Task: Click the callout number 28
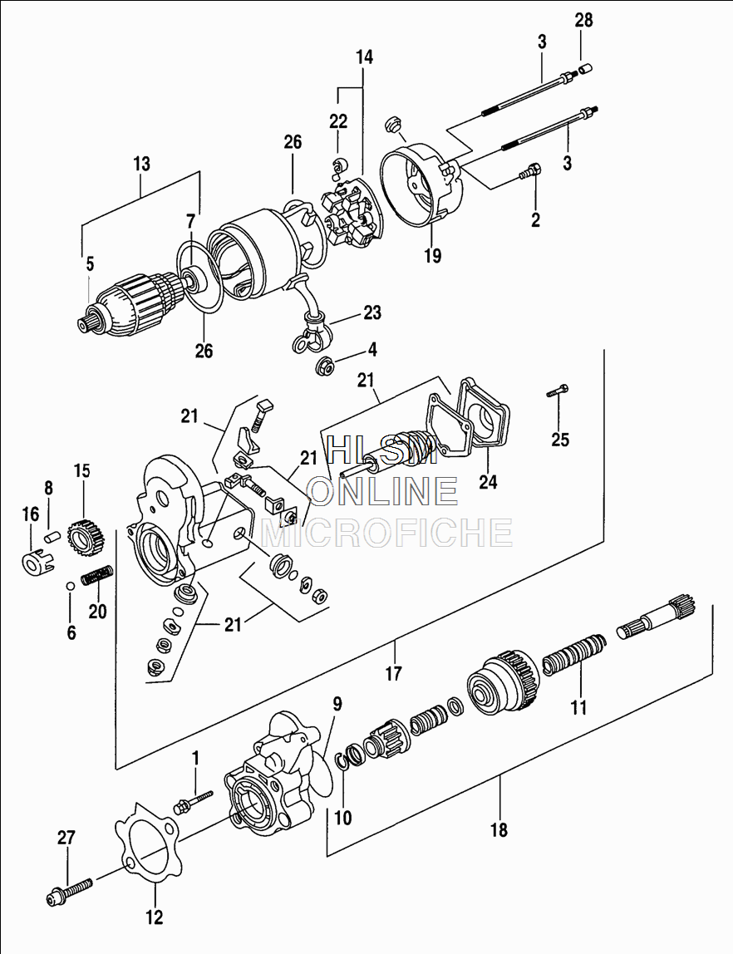tap(584, 20)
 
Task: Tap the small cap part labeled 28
tap(584, 68)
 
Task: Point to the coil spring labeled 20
tap(97, 575)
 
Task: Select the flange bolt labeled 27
tap(71, 890)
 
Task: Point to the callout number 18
tap(499, 829)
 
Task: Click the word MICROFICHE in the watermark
tap(386, 532)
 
